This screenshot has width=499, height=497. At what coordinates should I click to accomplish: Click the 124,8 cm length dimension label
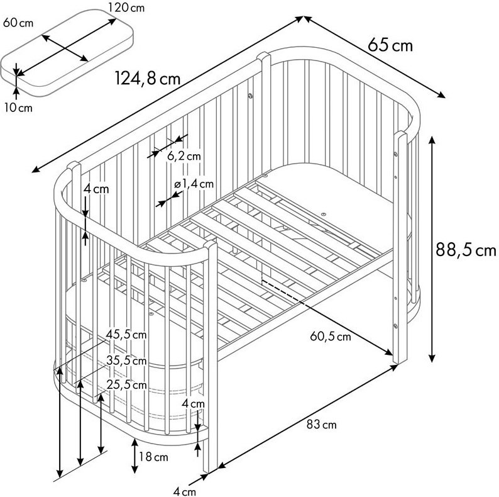tap(147, 79)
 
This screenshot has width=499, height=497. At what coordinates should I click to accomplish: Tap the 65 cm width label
tap(390, 45)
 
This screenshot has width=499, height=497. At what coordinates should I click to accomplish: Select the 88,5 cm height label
tap(466, 250)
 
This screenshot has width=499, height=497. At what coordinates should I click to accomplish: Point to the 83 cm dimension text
tap(321, 425)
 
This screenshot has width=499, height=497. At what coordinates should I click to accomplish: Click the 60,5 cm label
tap(331, 337)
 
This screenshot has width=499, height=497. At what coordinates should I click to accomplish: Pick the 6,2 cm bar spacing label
tap(184, 156)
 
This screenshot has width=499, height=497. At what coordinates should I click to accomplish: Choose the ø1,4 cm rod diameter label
tap(194, 184)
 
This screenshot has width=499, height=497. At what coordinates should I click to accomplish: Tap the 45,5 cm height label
tap(126, 335)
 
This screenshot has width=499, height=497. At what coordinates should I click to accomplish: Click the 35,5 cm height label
tap(126, 360)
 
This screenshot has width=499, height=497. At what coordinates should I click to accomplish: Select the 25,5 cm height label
tap(127, 385)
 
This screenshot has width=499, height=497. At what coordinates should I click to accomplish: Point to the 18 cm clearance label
tap(153, 457)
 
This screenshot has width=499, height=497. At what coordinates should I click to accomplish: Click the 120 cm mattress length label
tap(126, 8)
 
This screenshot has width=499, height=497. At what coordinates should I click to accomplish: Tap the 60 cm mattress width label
tap(18, 23)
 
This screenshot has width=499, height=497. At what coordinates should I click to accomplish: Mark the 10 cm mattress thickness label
tap(18, 108)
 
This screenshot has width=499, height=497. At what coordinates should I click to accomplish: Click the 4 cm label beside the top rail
tap(96, 189)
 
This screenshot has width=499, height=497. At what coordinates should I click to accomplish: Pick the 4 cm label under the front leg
tap(185, 491)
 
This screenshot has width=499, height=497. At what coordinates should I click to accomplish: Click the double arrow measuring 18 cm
tap(135, 455)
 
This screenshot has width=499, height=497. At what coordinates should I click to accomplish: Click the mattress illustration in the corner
tap(67, 53)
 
